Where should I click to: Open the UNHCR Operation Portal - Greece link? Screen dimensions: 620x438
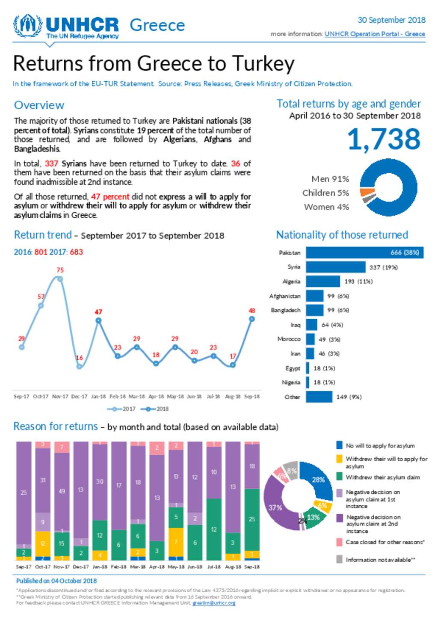tap(375, 34)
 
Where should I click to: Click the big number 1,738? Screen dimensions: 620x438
tap(384, 139)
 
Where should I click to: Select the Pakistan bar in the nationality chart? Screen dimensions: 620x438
tap(364, 252)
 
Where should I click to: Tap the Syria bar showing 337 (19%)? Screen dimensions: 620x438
tap(336, 267)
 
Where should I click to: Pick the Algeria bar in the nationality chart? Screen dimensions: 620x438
tap(323, 282)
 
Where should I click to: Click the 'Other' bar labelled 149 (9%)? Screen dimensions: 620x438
tap(319, 397)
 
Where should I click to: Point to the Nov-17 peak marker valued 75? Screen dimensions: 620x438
tap(60, 279)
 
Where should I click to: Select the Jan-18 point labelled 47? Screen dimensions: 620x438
tap(98, 320)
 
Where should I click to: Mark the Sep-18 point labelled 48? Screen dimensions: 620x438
tap(252, 319)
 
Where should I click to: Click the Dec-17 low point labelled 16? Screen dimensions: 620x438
tap(79, 366)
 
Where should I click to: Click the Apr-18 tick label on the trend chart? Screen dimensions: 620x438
tap(156, 397)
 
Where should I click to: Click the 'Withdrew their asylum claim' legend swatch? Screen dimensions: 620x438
tap(340, 477)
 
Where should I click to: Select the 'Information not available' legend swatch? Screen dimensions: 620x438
tap(340, 559)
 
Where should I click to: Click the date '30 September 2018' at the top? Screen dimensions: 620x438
tap(391, 20)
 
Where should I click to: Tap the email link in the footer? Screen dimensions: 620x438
tap(213, 603)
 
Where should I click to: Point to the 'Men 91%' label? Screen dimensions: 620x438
tap(330, 179)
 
